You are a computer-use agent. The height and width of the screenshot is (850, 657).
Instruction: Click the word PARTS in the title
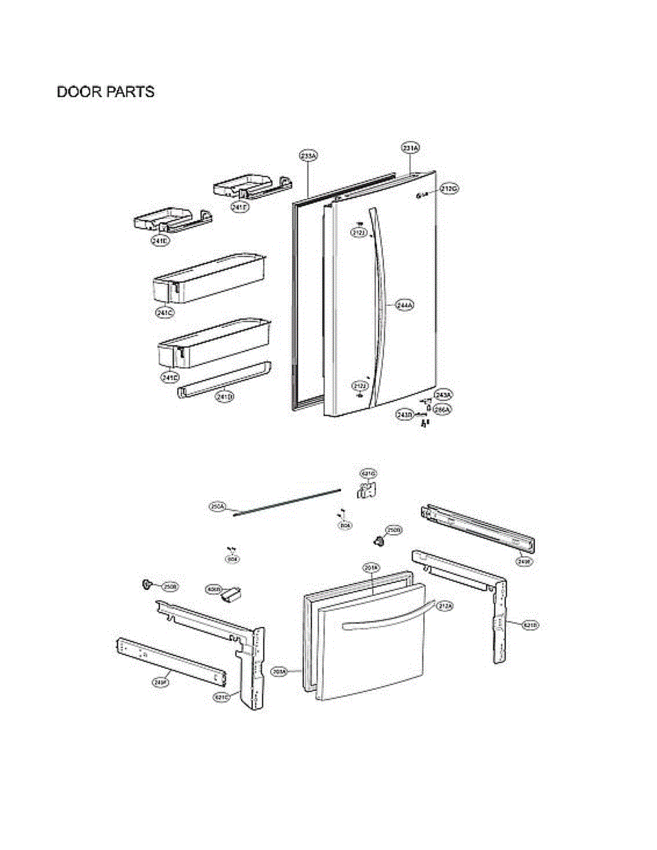point(130,92)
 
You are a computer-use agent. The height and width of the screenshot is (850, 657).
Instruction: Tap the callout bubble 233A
point(308,155)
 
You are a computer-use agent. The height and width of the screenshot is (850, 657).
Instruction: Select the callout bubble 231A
point(410,148)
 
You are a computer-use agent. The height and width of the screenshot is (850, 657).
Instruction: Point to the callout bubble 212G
point(449,188)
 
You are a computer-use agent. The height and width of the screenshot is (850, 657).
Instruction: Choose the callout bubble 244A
point(405,305)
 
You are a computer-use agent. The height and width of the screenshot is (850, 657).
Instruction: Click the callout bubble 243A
point(444,394)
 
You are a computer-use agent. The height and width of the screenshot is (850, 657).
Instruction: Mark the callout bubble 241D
point(225,397)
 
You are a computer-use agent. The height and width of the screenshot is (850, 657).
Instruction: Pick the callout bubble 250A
point(218,506)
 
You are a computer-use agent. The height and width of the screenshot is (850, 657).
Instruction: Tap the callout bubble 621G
point(368,473)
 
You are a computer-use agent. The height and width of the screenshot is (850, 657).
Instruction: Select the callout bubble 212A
point(445,606)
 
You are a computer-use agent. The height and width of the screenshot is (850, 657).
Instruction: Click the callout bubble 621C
point(222,697)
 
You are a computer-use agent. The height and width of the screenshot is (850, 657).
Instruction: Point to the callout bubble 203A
point(281,671)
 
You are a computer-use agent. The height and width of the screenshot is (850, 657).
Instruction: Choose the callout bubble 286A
point(443,409)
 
